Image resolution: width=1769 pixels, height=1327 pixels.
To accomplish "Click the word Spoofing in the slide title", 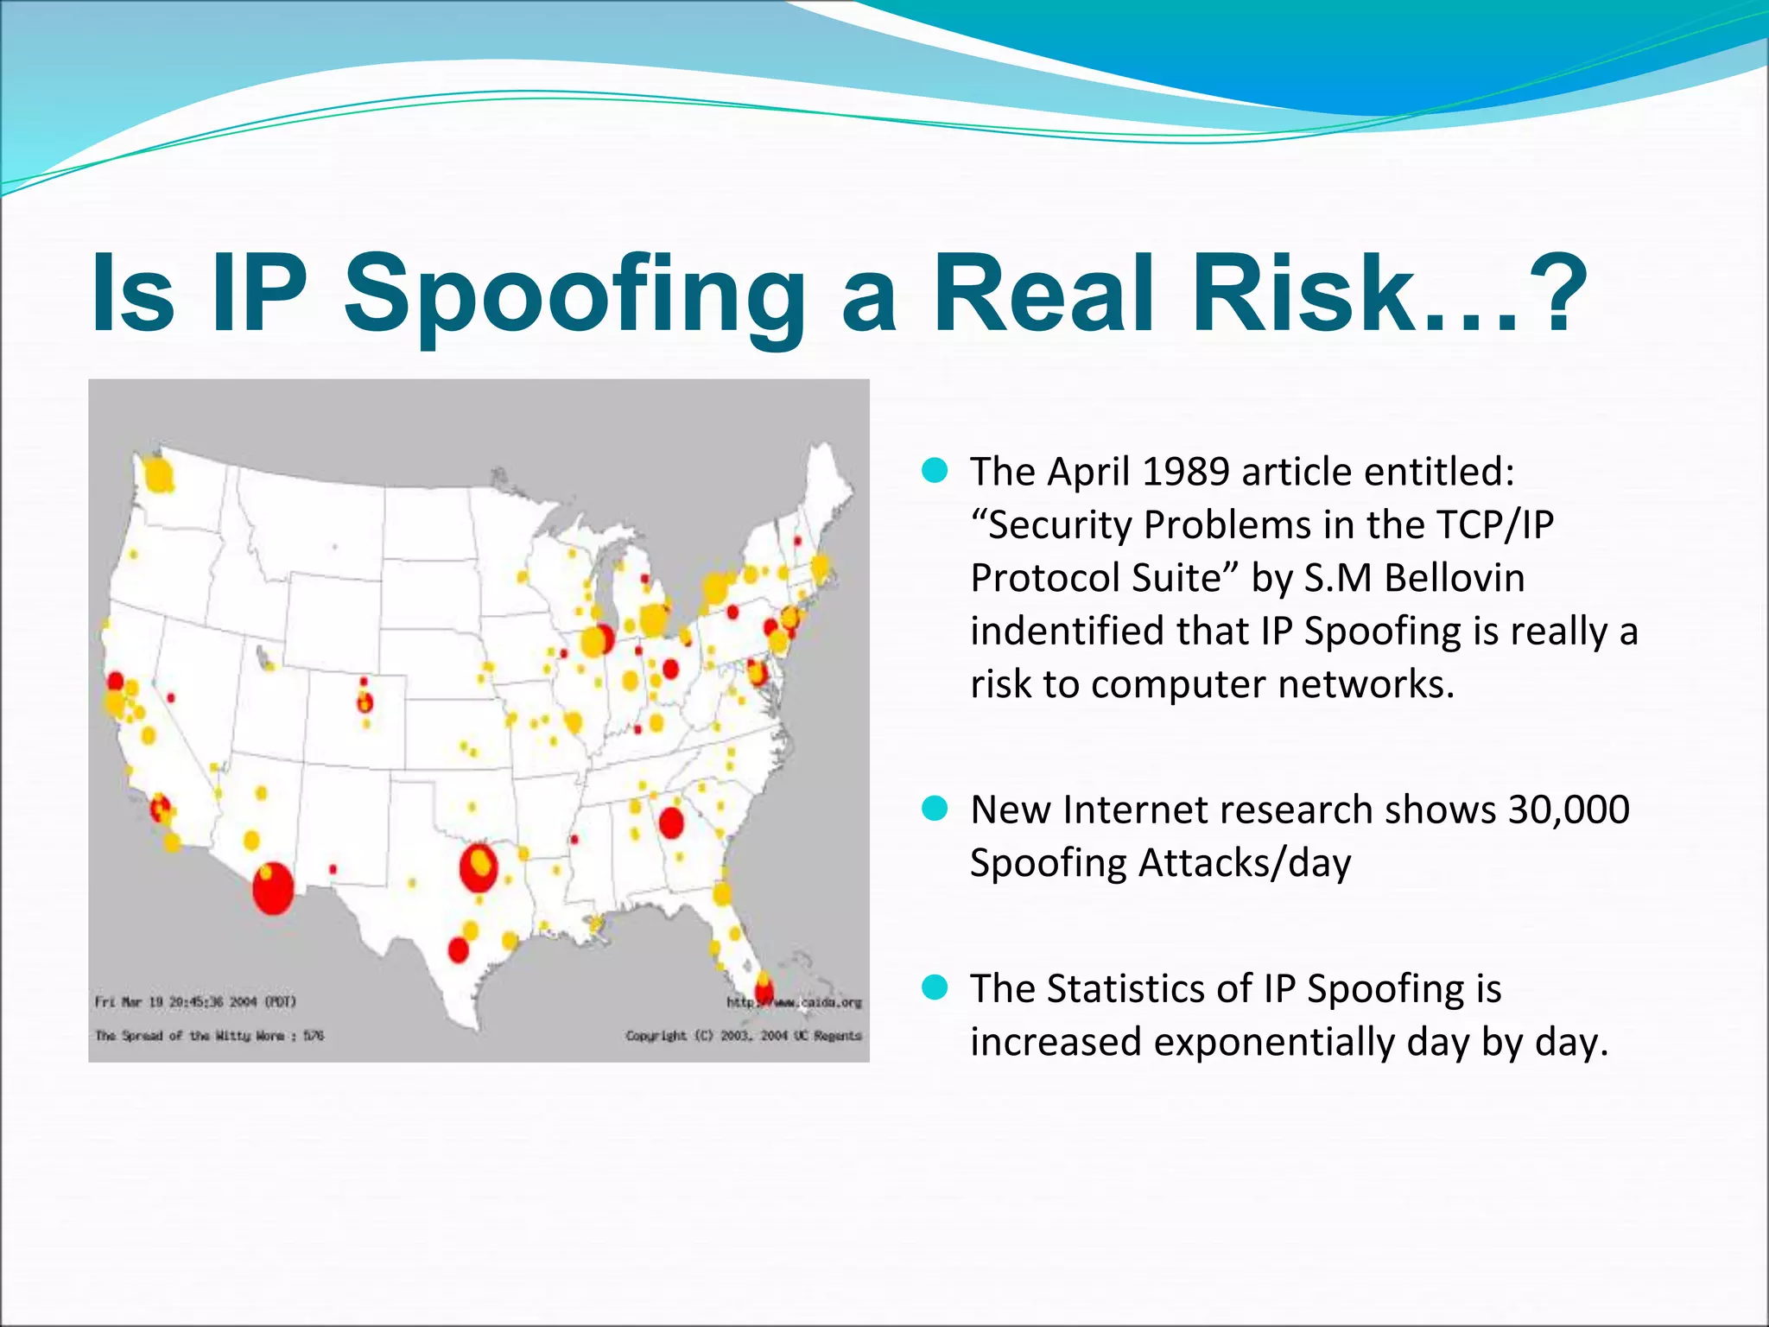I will (574, 294).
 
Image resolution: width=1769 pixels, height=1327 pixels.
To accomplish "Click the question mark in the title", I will (1560, 294).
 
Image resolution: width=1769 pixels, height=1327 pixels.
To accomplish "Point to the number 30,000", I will (1568, 810).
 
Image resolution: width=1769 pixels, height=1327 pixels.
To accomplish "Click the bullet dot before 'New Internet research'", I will (935, 809).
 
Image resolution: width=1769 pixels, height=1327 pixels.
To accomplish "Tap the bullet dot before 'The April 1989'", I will (935, 471).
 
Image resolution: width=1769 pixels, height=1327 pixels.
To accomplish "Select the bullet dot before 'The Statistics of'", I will (935, 987).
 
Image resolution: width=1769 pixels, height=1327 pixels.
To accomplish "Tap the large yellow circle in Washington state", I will (159, 475).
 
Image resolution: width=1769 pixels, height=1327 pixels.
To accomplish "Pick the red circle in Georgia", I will (671, 822).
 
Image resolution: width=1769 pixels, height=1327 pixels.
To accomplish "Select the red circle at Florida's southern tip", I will (764, 990).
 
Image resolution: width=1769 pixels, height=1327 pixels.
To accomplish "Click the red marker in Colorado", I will (365, 702).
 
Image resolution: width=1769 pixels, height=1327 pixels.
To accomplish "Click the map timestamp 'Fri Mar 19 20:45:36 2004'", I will (195, 1002).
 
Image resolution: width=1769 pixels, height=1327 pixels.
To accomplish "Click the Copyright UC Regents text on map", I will (743, 1035).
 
